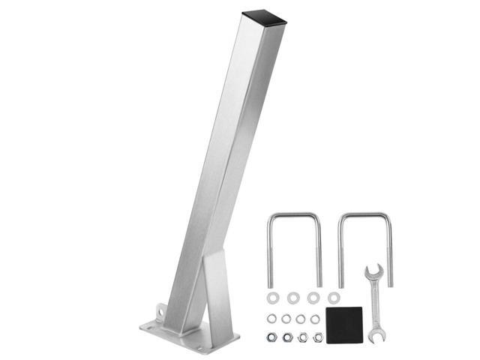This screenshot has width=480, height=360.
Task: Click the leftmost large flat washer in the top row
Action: coord(271,298)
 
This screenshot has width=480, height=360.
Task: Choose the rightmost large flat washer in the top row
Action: coord(334,298)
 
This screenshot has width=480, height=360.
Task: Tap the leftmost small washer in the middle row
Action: coord(271,319)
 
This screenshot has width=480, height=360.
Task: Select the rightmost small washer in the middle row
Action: coord(315,319)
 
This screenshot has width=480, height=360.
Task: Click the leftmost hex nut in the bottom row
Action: coord(271,337)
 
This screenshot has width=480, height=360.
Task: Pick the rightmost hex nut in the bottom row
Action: coord(318,337)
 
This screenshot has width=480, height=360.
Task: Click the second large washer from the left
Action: coord(292,298)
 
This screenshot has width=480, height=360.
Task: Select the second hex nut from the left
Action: coord(286,337)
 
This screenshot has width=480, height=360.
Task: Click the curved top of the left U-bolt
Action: coord(295,216)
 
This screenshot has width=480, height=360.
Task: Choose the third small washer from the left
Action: coord(301,319)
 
